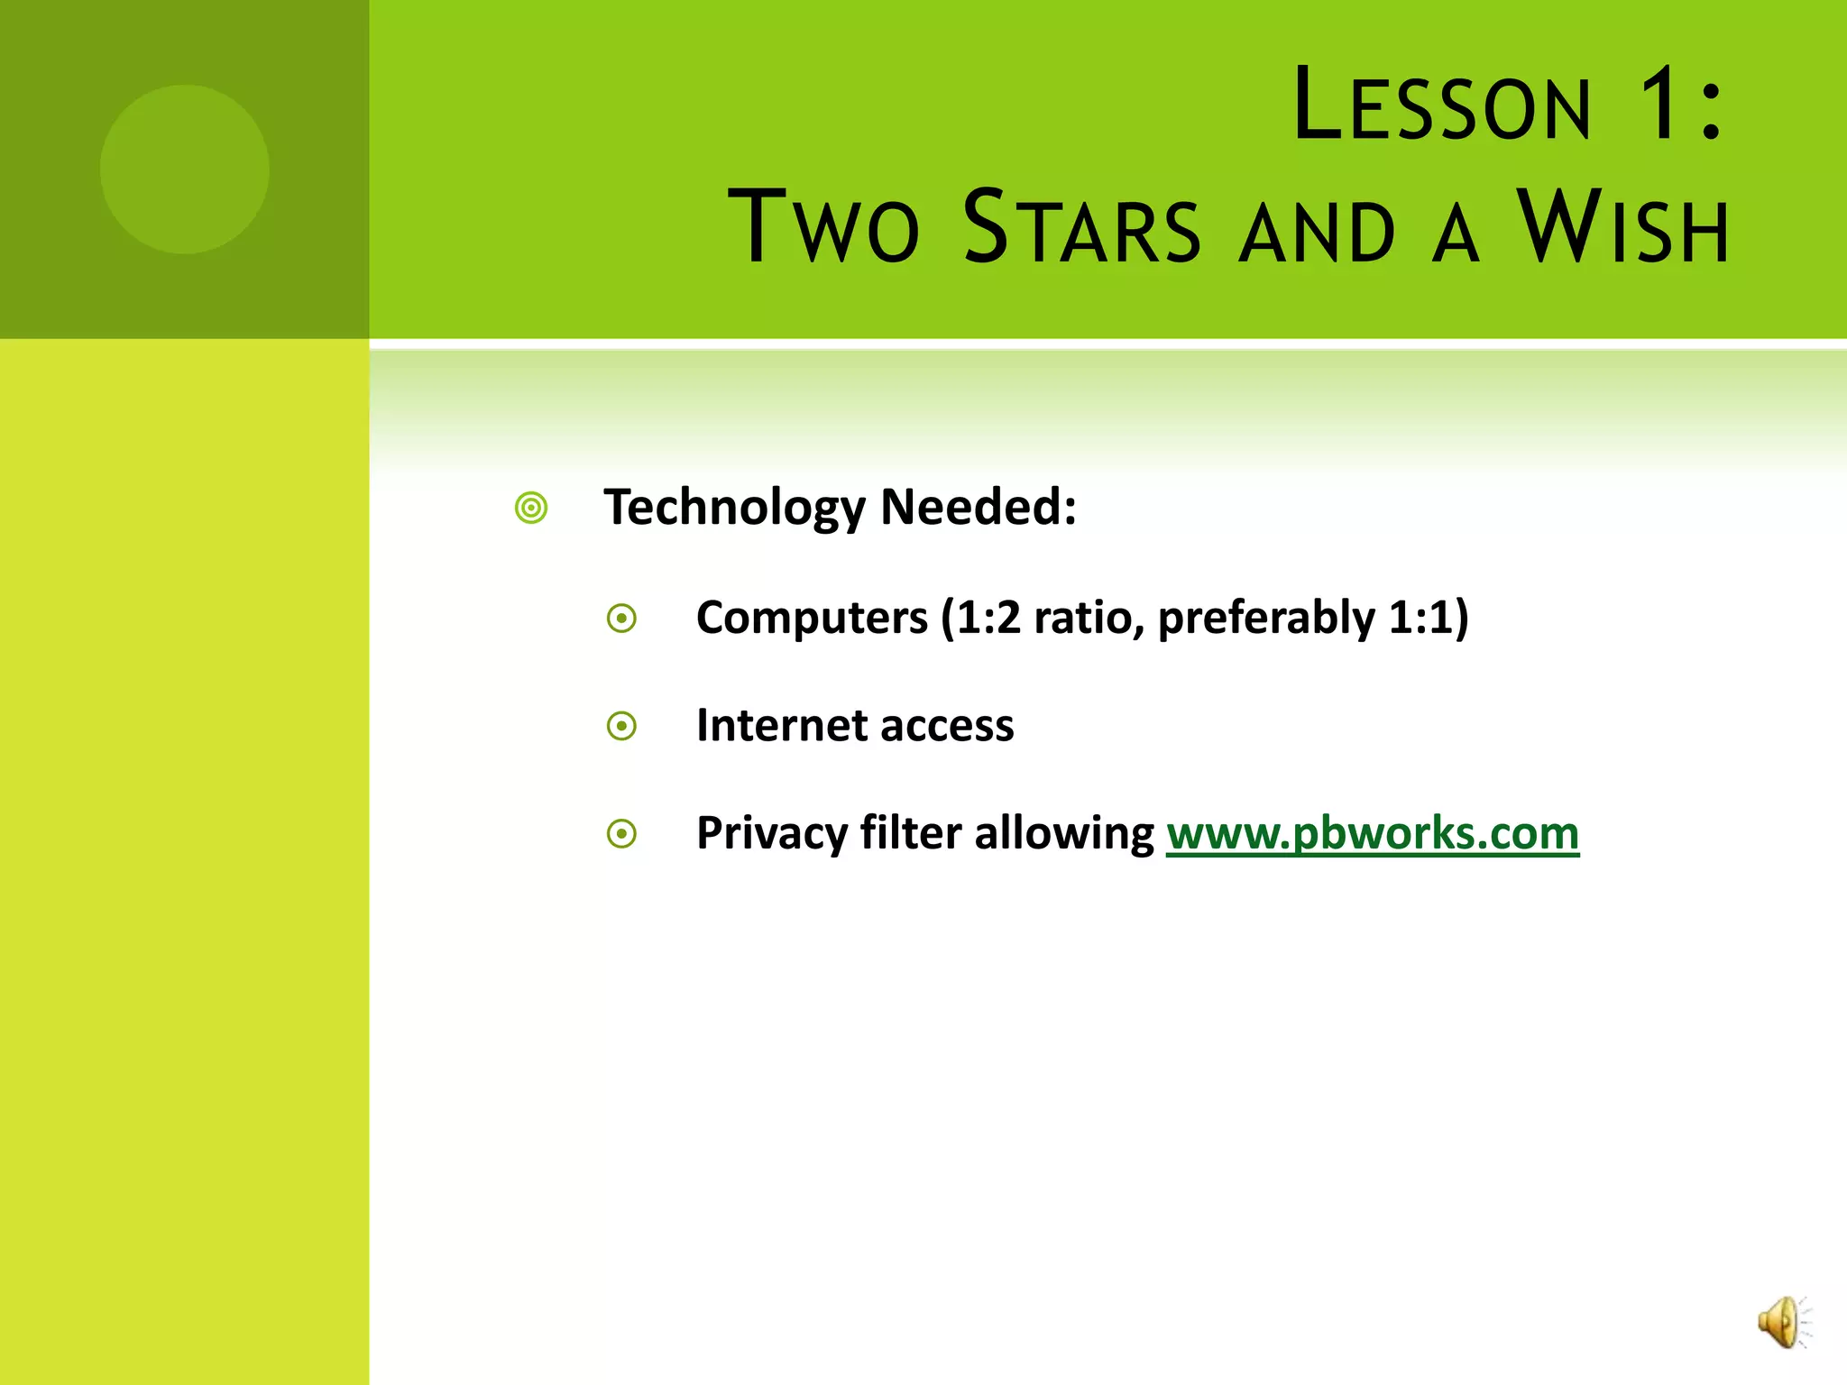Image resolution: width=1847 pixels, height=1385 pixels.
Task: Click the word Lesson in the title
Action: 1442,106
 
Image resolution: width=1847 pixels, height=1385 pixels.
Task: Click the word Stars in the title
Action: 1081,227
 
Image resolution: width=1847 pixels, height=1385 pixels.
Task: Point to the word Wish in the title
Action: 1622,227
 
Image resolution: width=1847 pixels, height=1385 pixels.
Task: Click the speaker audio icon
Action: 1783,1322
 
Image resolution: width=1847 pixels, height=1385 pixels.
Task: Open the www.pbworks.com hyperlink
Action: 1372,832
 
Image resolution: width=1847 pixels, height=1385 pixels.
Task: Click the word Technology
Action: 734,507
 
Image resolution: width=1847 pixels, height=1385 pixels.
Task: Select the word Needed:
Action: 978,507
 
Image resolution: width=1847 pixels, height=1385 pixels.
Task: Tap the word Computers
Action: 812,618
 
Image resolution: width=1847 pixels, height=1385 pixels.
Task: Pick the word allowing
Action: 1064,833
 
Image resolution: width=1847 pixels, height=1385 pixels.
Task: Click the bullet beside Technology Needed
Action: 531,508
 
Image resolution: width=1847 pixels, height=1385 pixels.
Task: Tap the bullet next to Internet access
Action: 621,726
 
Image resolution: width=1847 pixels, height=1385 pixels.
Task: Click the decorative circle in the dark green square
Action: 184,170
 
